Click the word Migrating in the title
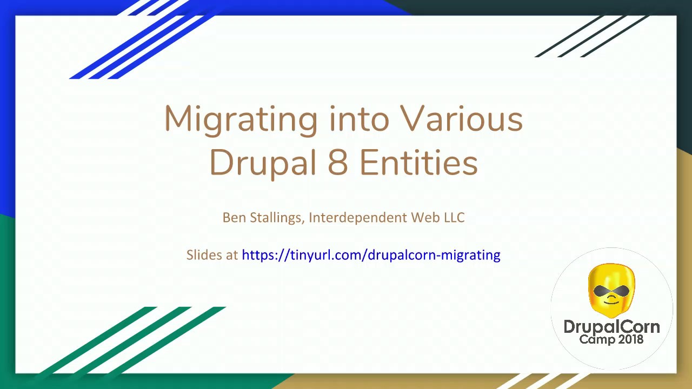click(241, 119)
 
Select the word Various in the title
click(461, 118)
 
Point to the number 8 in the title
click(337, 162)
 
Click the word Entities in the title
click(418, 162)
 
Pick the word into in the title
click(359, 118)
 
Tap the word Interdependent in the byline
click(357, 217)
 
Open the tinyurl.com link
click(371, 255)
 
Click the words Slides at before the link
click(212, 255)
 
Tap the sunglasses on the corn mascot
click(611, 292)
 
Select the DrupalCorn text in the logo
click(611, 327)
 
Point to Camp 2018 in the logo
click(611, 340)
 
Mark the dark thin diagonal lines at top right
click(592, 35)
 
